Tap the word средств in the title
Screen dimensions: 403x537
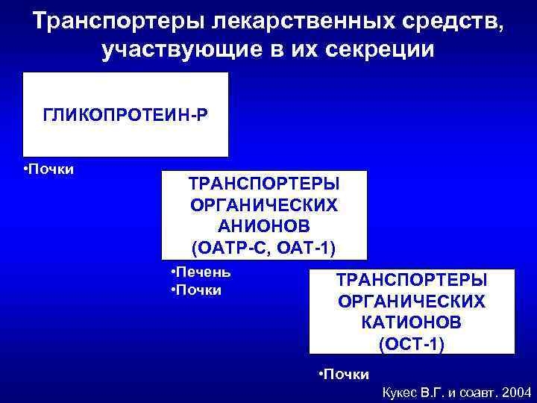tap(450, 20)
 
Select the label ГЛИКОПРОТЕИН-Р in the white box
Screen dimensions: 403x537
tap(125, 116)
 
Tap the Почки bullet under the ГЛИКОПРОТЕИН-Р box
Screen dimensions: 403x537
tap(51, 169)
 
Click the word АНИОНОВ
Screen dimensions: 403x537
tap(263, 225)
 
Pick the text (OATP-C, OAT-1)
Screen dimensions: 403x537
tap(263, 246)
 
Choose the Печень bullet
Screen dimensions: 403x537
tap(203, 272)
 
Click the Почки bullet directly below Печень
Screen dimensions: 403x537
tap(198, 290)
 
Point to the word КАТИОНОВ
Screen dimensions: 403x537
tap(411, 322)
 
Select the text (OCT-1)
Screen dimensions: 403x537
tap(411, 344)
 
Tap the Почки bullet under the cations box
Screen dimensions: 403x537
tap(345, 373)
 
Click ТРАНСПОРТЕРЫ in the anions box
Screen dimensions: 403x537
tap(263, 184)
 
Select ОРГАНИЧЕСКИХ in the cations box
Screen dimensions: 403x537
tap(411, 301)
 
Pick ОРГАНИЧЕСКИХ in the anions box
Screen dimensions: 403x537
tap(263, 204)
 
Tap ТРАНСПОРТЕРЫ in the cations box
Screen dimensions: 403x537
tap(411, 280)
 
